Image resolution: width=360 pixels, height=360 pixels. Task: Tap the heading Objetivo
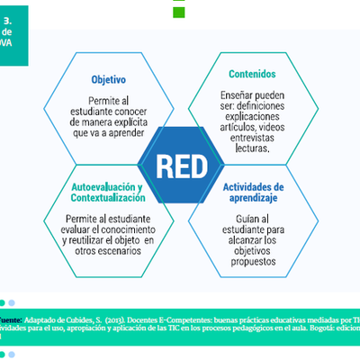tap(109, 78)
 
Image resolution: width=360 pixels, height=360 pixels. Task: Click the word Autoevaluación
tap(104, 186)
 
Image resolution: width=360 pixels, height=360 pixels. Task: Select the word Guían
tap(237, 218)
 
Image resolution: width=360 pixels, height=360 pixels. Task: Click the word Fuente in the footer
tap(10, 319)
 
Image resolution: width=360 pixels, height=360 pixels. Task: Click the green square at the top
tap(179, 12)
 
